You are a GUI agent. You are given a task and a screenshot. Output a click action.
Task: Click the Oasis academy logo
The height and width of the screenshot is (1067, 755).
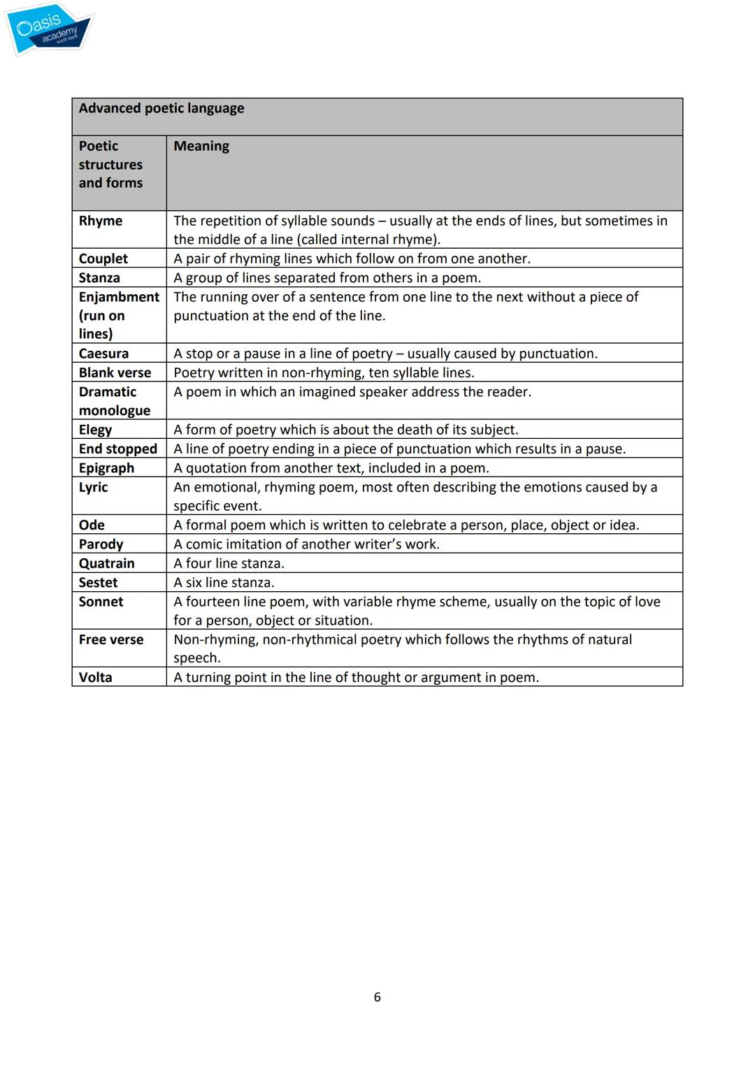[49, 29]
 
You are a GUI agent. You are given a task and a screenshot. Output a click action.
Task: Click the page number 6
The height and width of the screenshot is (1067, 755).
[377, 997]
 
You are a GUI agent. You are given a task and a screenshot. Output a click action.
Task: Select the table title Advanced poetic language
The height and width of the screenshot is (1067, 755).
[161, 108]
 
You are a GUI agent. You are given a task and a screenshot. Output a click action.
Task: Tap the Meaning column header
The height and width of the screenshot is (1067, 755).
[201, 146]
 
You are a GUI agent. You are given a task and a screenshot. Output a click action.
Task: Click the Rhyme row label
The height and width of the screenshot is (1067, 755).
[101, 221]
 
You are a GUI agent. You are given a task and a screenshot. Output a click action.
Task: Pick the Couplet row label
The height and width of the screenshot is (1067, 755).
[103, 259]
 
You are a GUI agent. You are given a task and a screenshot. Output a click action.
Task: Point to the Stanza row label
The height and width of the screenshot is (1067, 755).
[99, 278]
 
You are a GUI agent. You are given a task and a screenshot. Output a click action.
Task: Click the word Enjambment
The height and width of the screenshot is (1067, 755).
[119, 297]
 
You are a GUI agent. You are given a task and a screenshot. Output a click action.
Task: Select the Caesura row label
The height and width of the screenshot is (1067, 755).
[103, 354]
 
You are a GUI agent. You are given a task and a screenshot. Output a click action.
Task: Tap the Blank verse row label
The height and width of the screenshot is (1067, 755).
[115, 373]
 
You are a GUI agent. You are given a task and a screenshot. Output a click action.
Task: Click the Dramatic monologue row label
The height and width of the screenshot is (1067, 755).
[114, 401]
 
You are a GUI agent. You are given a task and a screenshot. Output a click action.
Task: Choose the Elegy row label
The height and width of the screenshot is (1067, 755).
[95, 430]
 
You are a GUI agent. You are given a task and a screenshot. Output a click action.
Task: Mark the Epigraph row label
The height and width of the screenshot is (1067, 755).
[106, 468]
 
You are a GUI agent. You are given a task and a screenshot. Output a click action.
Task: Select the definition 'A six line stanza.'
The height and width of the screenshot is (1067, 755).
[224, 583]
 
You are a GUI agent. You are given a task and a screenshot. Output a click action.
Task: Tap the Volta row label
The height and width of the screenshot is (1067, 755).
[95, 678]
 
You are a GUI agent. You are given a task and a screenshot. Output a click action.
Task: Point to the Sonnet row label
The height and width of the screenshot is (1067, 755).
[101, 602]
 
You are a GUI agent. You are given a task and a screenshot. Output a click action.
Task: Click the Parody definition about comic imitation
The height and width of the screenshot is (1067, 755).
[306, 544]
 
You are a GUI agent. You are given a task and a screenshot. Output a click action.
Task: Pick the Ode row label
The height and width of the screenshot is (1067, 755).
[92, 525]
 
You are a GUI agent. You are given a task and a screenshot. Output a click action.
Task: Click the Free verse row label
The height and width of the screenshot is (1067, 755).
[111, 640]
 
